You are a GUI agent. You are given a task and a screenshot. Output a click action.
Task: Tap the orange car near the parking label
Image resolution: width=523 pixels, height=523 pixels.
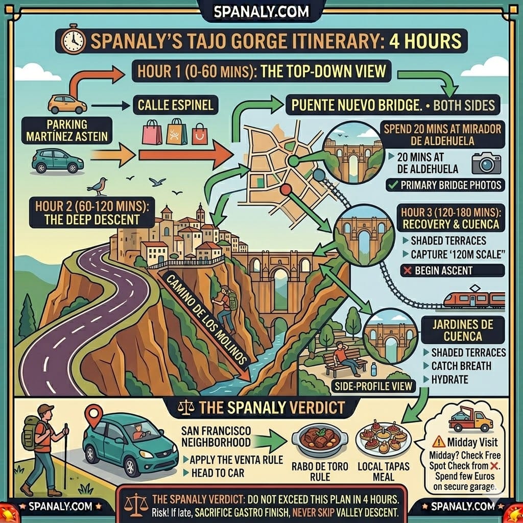67,104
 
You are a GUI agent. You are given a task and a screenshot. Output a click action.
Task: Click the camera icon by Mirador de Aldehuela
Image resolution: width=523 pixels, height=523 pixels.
486,162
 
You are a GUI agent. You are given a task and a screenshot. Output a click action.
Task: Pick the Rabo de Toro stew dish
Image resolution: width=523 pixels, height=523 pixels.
319,438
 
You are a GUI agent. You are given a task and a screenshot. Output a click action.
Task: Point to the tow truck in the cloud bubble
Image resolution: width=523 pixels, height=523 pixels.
470,420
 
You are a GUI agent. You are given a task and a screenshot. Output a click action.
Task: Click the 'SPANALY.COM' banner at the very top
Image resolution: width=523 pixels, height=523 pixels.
261,11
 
